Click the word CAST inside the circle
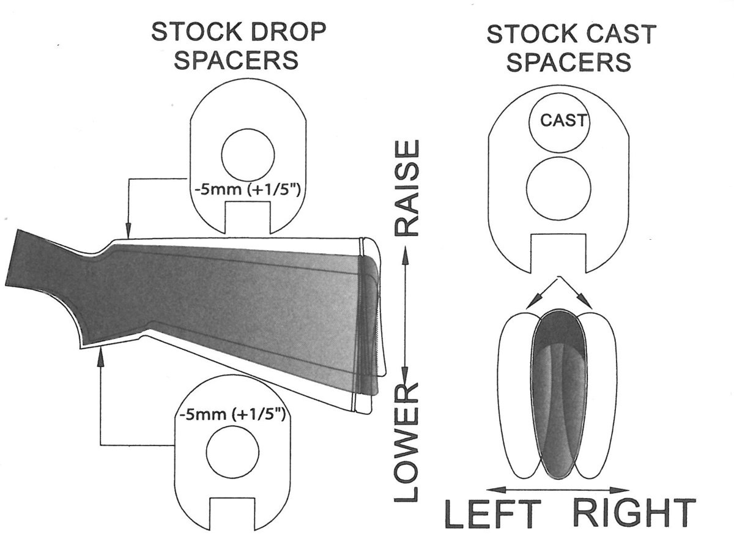(x=563, y=121)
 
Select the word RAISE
(x=407, y=188)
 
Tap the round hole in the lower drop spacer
(x=234, y=454)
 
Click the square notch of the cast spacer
(x=558, y=253)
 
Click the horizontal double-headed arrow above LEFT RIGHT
(x=560, y=489)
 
